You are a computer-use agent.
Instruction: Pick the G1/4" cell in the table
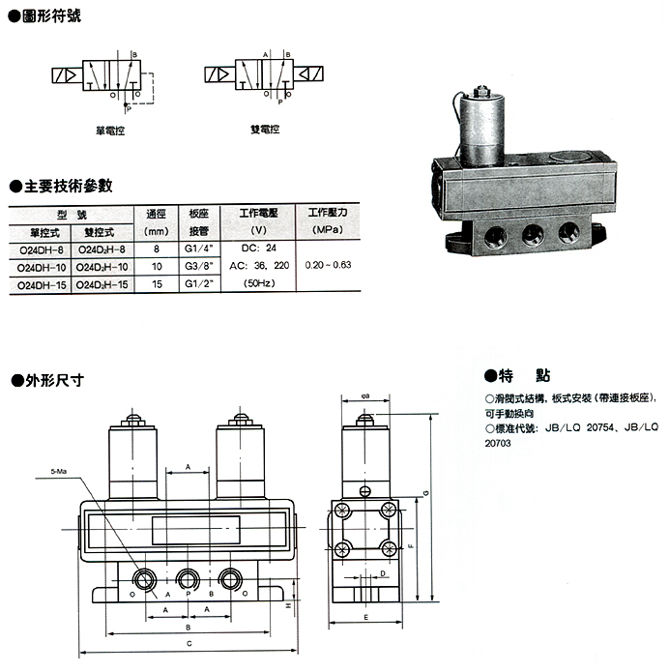pyautogui.click(x=197, y=249)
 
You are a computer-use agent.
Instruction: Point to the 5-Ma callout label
pyautogui.click(x=60, y=473)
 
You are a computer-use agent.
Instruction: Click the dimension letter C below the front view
pyautogui.click(x=189, y=643)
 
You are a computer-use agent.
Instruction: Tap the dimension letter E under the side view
pyautogui.click(x=365, y=617)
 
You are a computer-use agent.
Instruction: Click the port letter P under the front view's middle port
pyautogui.click(x=189, y=595)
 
